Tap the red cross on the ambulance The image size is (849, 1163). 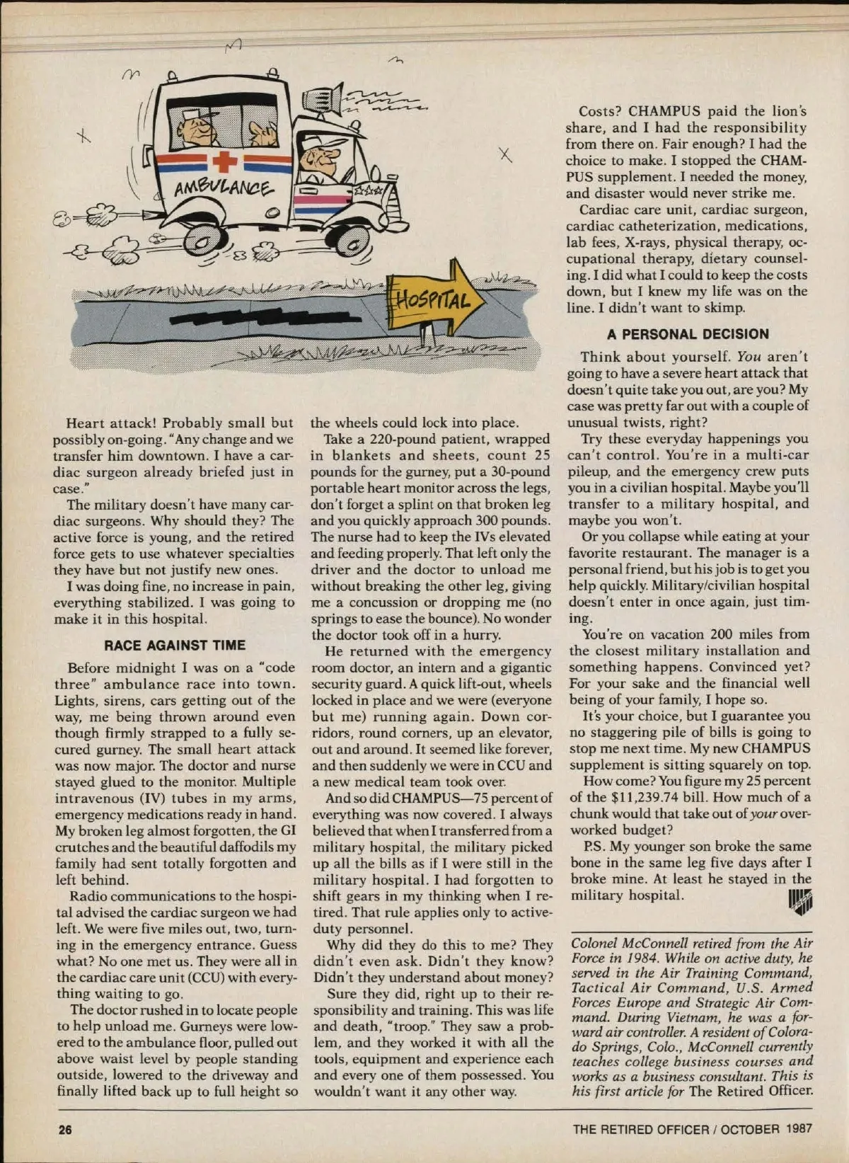coord(225,162)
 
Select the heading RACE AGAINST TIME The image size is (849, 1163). coord(175,645)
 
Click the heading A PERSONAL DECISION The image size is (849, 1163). coord(688,334)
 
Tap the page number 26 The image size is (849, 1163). coord(65,1129)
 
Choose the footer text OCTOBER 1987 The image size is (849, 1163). coord(767,1129)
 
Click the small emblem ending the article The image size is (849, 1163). coord(799,902)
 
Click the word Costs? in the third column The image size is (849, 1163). coord(601,111)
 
